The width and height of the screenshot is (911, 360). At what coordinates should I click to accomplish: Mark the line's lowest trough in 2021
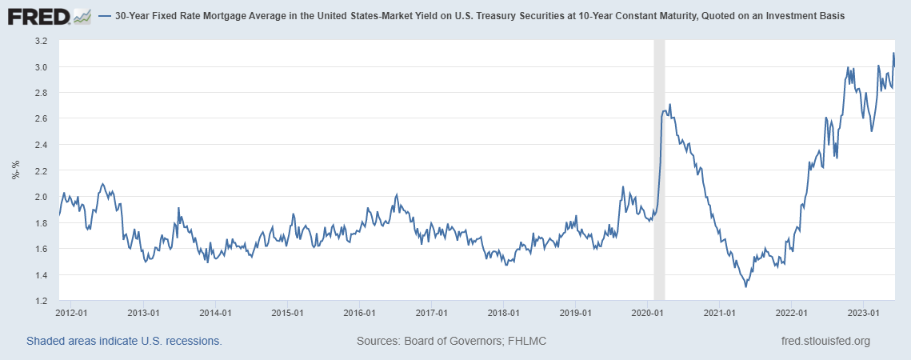click(745, 286)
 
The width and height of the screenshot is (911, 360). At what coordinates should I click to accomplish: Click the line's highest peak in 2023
click(893, 54)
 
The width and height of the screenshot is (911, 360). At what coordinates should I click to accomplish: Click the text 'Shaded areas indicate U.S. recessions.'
click(124, 341)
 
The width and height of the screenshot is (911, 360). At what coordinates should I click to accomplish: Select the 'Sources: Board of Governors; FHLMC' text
click(451, 341)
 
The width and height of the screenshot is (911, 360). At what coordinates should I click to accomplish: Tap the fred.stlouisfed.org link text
click(825, 341)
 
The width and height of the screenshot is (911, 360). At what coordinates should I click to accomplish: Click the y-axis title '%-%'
click(15, 170)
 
